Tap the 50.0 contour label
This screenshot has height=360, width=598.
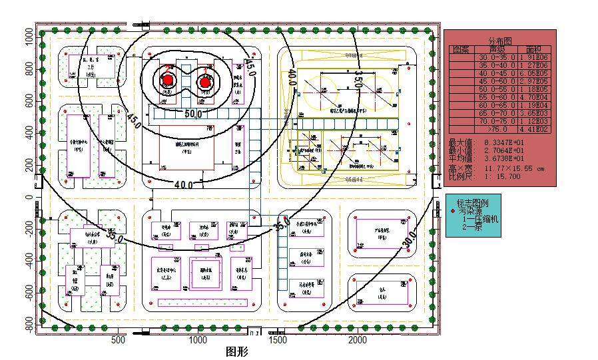pos(193,114)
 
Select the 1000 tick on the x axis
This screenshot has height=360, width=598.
pos(198,340)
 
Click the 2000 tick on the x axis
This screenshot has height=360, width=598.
pos(358,340)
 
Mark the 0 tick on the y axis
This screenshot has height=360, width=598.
pos(29,198)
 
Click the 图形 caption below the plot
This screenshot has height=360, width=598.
pos(237,352)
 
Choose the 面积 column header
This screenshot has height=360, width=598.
pos(534,49)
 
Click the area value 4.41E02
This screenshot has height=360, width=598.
pos(535,129)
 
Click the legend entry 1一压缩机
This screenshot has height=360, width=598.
pos(481,219)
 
